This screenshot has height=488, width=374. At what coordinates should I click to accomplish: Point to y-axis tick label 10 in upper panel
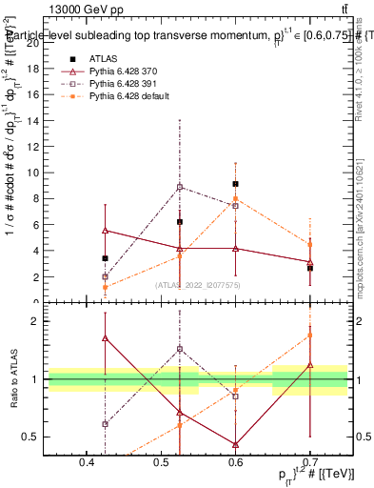click(x=36, y=173)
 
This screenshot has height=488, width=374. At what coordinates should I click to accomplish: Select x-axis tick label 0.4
click(x=88, y=464)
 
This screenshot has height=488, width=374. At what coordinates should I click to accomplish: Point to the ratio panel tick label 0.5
click(x=36, y=437)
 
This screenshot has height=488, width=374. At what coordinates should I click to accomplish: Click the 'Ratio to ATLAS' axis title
click(x=13, y=379)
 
